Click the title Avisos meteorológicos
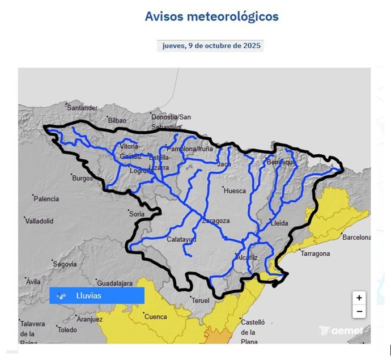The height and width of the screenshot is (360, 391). click(211, 16)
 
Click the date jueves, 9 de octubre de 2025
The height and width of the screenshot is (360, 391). click(211, 46)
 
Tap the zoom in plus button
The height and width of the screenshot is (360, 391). click(359, 298)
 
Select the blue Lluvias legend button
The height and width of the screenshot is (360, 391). click(97, 295)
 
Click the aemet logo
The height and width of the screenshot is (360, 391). click(341, 331)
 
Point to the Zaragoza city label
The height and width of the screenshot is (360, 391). click(215, 221)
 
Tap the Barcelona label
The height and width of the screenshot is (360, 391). click(356, 238)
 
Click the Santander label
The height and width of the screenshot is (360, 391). click(82, 108)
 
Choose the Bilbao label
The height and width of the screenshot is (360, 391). click(117, 120)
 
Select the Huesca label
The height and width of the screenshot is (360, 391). click(235, 191)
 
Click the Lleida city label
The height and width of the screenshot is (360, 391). click(280, 223)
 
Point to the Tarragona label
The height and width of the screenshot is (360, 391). click(314, 253)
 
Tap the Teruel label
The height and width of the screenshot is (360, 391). click(200, 300)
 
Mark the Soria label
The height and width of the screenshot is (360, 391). click(137, 214)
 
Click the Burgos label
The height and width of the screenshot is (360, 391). click(82, 178)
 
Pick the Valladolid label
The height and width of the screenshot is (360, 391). click(39, 221)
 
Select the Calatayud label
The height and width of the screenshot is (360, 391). click(181, 240)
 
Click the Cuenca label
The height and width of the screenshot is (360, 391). click(156, 317)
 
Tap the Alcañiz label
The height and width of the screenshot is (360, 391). click(246, 257)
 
